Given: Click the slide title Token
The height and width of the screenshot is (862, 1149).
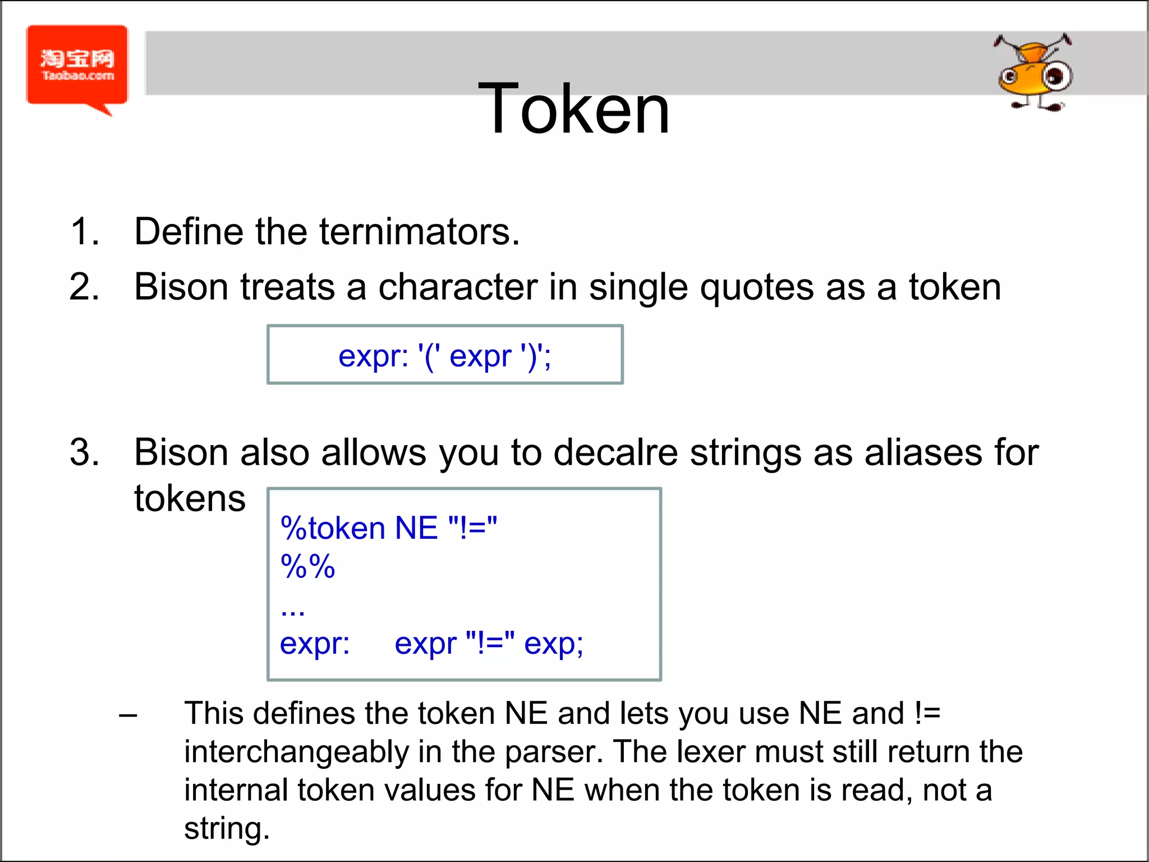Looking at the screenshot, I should click(574, 108).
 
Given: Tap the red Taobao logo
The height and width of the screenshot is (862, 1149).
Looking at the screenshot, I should click(77, 66).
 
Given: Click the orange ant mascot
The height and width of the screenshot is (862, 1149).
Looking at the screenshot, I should click(1034, 73).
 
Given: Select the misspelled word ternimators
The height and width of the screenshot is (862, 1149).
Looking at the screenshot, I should click(420, 231).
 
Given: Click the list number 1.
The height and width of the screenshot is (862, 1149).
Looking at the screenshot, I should click(85, 231).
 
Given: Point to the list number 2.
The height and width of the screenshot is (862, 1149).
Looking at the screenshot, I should click(85, 287).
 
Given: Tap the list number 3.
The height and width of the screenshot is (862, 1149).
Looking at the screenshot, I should click(85, 452).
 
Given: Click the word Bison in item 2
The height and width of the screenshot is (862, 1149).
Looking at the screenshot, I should click(181, 287).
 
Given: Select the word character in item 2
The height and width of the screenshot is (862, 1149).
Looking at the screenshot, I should click(458, 287).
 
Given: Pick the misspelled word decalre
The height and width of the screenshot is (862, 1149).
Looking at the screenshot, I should click(615, 452).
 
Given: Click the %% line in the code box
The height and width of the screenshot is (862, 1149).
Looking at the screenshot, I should click(307, 566).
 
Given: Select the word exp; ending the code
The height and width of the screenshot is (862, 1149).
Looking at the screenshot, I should click(554, 644).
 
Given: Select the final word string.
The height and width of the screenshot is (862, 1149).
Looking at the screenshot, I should click(227, 828).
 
